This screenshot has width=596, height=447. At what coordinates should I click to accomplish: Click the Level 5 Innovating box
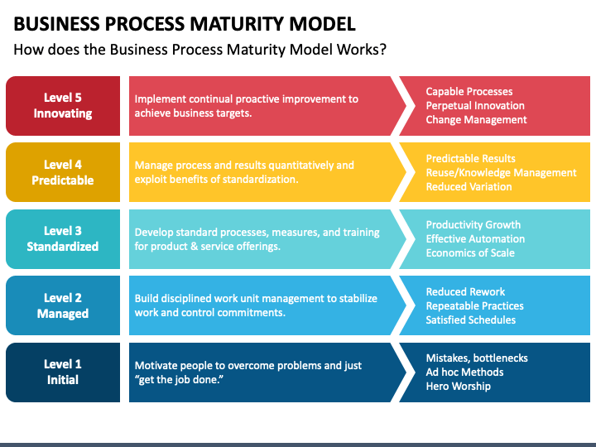tap(63, 106)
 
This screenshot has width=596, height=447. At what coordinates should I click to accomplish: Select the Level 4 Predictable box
tap(63, 172)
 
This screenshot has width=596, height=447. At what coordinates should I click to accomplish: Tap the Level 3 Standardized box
tap(63, 238)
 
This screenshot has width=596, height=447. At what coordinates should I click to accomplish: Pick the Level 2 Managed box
tap(63, 305)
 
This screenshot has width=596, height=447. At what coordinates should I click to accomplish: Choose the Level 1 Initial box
tap(63, 372)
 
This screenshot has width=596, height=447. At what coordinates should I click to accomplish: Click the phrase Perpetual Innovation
tap(475, 106)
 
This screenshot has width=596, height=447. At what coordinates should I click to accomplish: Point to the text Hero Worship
tap(458, 387)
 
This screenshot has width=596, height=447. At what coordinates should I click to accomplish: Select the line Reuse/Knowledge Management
tap(501, 172)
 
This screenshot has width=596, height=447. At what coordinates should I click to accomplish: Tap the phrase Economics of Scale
tap(470, 252)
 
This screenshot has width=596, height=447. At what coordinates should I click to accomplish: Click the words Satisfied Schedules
tap(470, 320)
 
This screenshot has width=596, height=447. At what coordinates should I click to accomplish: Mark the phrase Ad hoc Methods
tap(464, 372)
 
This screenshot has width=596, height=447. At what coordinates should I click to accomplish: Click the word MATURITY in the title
tap(237, 23)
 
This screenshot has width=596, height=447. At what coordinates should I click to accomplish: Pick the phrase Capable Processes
tap(469, 92)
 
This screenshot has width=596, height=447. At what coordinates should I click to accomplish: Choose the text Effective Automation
tap(475, 238)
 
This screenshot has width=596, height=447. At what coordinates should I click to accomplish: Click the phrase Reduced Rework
tap(465, 291)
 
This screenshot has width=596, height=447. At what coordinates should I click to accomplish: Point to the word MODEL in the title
tap(322, 23)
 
